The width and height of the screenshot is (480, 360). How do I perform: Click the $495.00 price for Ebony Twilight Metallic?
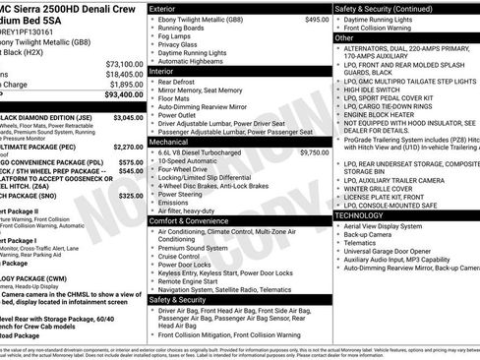(317, 19)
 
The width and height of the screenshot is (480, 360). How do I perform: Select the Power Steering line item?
(182, 194)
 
